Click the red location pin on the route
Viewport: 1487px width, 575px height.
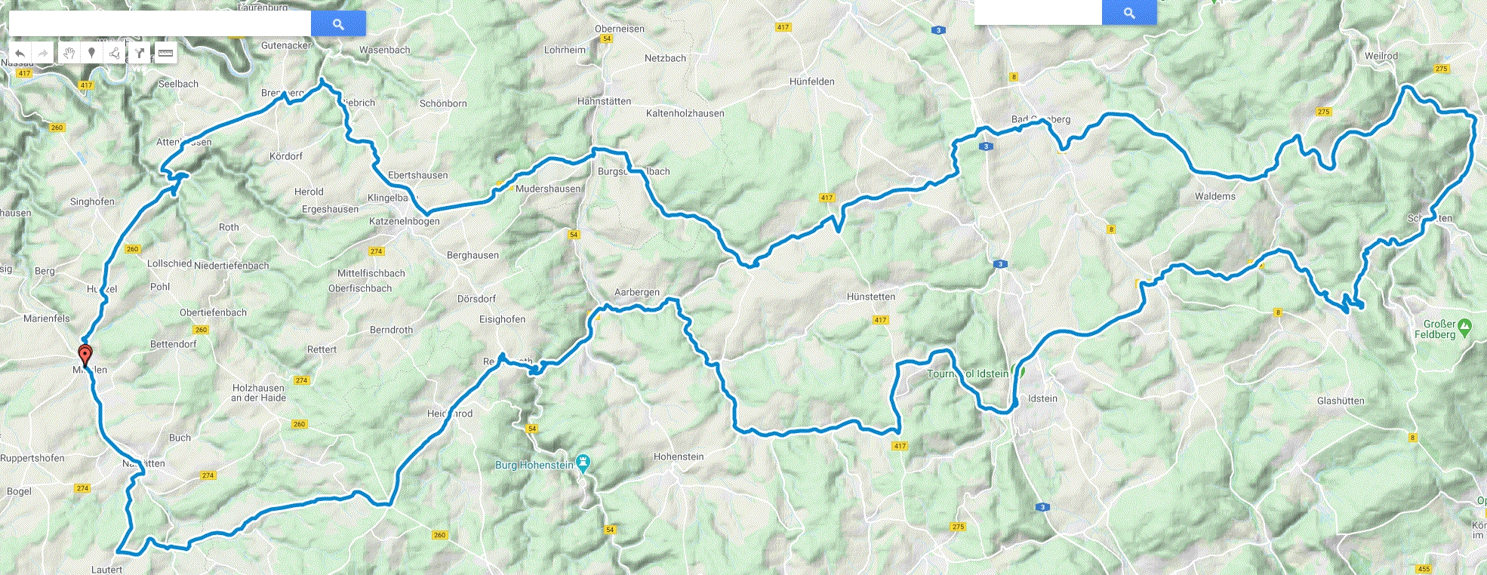tap(85, 355)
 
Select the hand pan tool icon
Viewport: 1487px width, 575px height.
tap(69, 53)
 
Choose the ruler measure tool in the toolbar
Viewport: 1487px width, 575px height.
tap(165, 53)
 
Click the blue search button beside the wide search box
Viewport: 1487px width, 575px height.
tap(338, 24)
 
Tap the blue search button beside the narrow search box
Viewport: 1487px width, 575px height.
tap(1129, 13)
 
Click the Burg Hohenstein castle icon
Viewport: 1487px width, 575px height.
tap(582, 462)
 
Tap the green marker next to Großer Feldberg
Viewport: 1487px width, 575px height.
tap(1464, 327)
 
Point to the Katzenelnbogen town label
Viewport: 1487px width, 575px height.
tap(404, 221)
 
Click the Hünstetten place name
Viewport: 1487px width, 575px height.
tap(870, 297)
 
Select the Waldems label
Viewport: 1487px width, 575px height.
tap(1215, 196)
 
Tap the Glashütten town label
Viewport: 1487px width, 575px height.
tap(1340, 401)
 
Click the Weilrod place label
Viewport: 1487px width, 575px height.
tap(1381, 56)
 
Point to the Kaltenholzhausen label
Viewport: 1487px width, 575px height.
tap(685, 113)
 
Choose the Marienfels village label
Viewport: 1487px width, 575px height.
tap(46, 318)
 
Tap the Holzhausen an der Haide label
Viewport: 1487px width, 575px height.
tap(258, 392)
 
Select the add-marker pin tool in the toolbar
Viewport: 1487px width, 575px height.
tap(91, 53)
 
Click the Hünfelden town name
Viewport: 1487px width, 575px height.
tap(811, 81)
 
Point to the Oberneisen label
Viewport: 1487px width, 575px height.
tap(619, 29)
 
